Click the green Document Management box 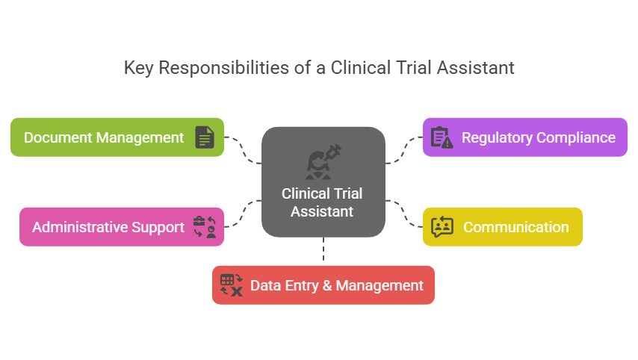(x=117, y=137)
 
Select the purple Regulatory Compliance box (x=524, y=137)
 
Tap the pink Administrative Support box (x=121, y=227)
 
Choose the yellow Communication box (x=502, y=227)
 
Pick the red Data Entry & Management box (x=323, y=285)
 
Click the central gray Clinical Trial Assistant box (x=323, y=182)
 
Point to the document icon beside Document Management (x=205, y=137)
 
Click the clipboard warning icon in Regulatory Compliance (x=442, y=137)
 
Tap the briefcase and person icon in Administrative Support (x=205, y=227)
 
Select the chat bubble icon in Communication (x=442, y=227)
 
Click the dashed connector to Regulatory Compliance (x=403, y=149)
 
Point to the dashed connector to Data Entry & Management (x=323, y=250)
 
